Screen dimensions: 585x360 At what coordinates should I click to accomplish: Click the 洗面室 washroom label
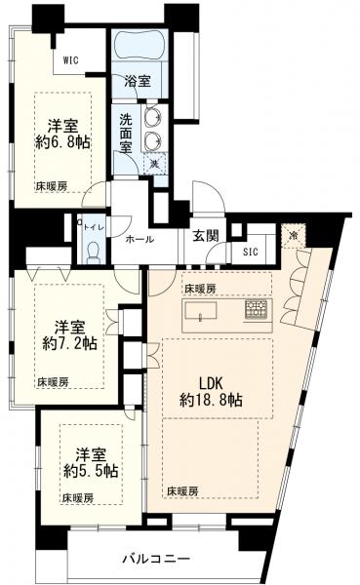[x=128, y=132]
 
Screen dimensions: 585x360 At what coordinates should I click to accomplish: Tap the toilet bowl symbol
[x=93, y=251]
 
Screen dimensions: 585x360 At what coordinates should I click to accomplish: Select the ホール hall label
[x=137, y=239]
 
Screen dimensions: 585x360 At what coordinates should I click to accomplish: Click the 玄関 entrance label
[x=205, y=235]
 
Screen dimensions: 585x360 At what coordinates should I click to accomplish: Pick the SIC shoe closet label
[x=251, y=251]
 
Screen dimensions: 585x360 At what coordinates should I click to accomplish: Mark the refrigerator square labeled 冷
[x=292, y=235]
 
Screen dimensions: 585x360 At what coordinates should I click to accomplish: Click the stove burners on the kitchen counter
[x=255, y=311]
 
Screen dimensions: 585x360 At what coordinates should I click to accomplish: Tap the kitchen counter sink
[x=201, y=312]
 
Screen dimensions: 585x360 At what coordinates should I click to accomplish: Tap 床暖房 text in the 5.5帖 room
[x=76, y=497]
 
